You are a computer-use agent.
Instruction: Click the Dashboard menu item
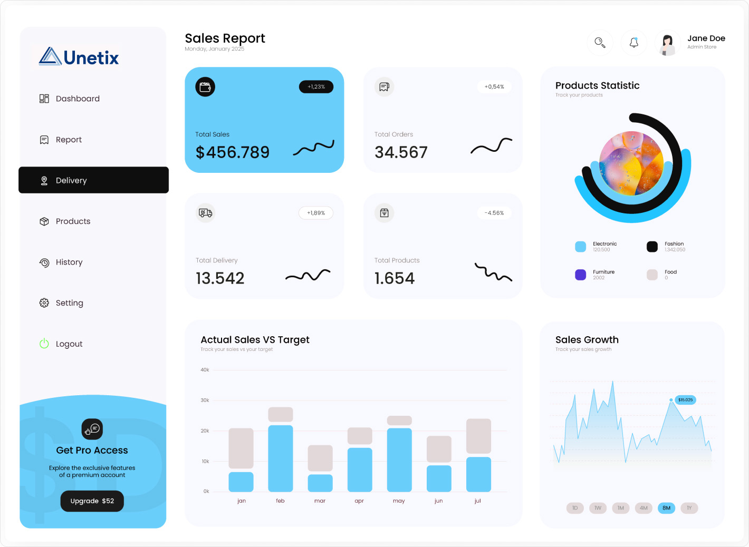(78, 99)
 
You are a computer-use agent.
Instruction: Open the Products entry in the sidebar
(73, 221)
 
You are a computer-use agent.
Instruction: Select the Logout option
(69, 344)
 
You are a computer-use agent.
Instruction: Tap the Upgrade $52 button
(92, 501)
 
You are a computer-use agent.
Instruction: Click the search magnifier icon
(600, 43)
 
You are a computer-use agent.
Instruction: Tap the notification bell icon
(634, 43)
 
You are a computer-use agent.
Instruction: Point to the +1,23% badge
(316, 87)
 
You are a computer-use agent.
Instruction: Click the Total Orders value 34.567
(401, 152)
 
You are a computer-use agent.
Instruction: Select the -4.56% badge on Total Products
(494, 213)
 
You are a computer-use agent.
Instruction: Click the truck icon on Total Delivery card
(205, 213)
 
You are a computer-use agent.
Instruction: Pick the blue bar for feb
(280, 458)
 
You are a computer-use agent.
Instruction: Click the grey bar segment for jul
(478, 436)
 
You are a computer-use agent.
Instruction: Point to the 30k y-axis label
(205, 401)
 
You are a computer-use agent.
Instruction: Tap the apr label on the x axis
(359, 501)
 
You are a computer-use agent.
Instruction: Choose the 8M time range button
(666, 508)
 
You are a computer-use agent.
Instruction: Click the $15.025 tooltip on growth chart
(685, 400)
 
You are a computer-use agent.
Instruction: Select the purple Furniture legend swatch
(580, 275)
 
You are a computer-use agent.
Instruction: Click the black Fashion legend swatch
(652, 247)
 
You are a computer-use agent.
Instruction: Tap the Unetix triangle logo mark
(50, 56)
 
